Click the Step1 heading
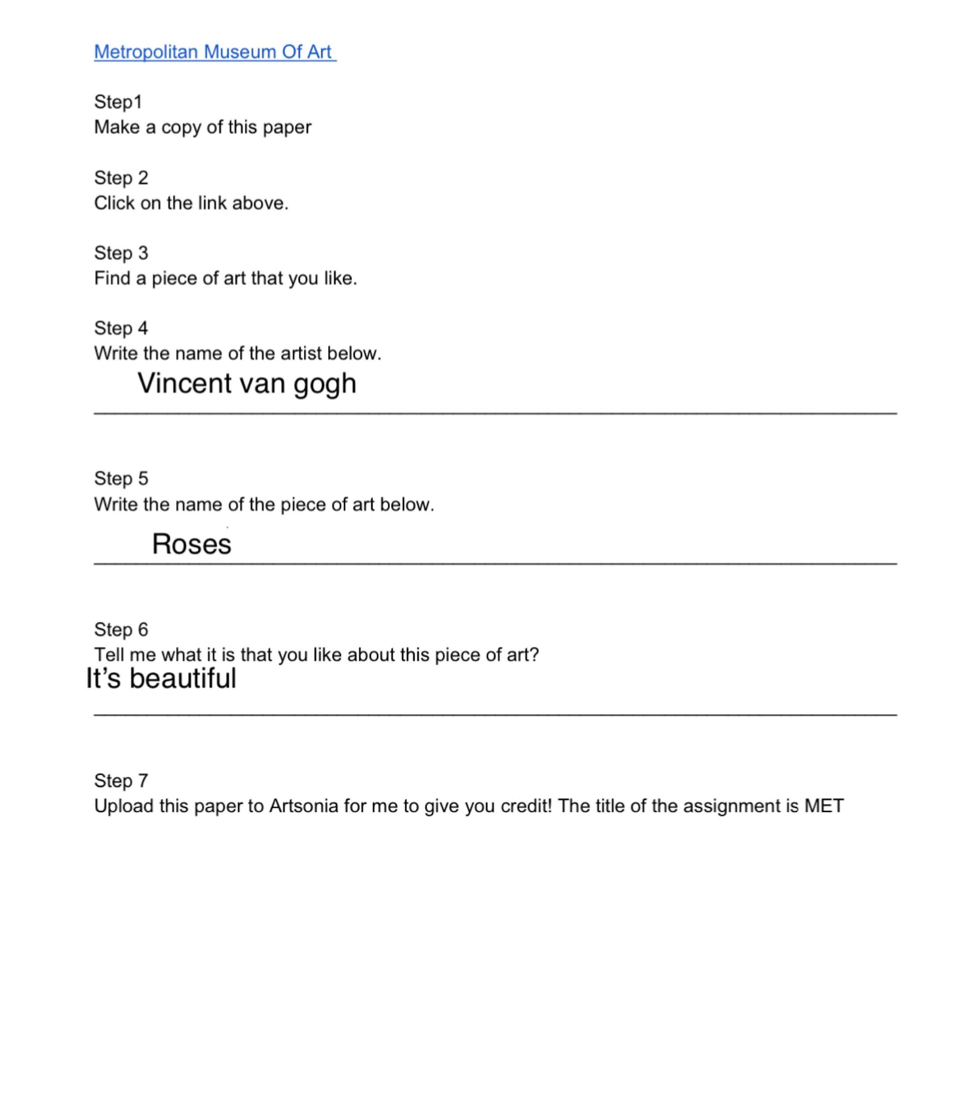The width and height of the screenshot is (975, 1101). [x=118, y=102]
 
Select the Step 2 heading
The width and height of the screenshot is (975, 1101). [x=121, y=178]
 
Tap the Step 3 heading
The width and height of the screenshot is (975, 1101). [x=121, y=253]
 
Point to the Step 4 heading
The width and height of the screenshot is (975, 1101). [x=121, y=328]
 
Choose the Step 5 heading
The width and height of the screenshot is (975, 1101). [x=121, y=478]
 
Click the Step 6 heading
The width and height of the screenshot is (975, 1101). [x=121, y=629]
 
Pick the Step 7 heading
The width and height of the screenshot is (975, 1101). [x=121, y=780]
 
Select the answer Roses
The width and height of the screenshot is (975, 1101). [x=191, y=544]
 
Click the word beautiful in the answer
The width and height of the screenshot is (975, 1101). [x=183, y=678]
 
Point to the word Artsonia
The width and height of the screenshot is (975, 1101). [x=304, y=806]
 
